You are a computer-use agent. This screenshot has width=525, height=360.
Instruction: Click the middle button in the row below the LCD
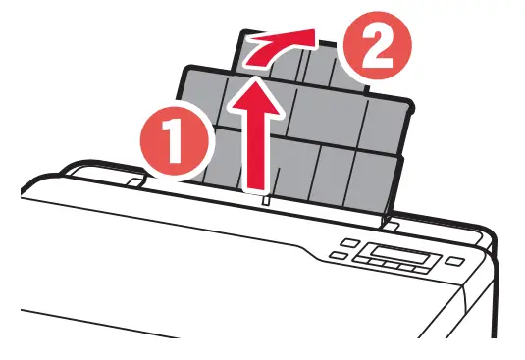click(398, 268)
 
